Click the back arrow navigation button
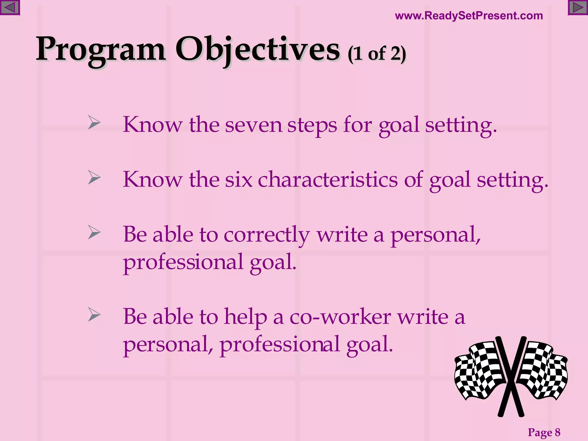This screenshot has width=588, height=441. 10,7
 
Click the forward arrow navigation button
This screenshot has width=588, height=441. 578,7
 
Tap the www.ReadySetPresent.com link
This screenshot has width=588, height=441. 469,16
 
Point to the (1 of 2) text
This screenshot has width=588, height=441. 377,54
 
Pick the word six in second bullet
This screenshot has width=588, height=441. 238,180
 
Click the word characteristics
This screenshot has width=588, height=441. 328,180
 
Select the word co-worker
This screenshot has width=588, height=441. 340,317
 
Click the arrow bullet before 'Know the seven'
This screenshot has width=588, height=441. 94,123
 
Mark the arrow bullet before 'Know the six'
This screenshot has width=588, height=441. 94,177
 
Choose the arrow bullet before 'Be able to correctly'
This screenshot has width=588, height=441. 94,232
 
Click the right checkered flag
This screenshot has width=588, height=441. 543,370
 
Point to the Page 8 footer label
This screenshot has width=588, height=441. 544,432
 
